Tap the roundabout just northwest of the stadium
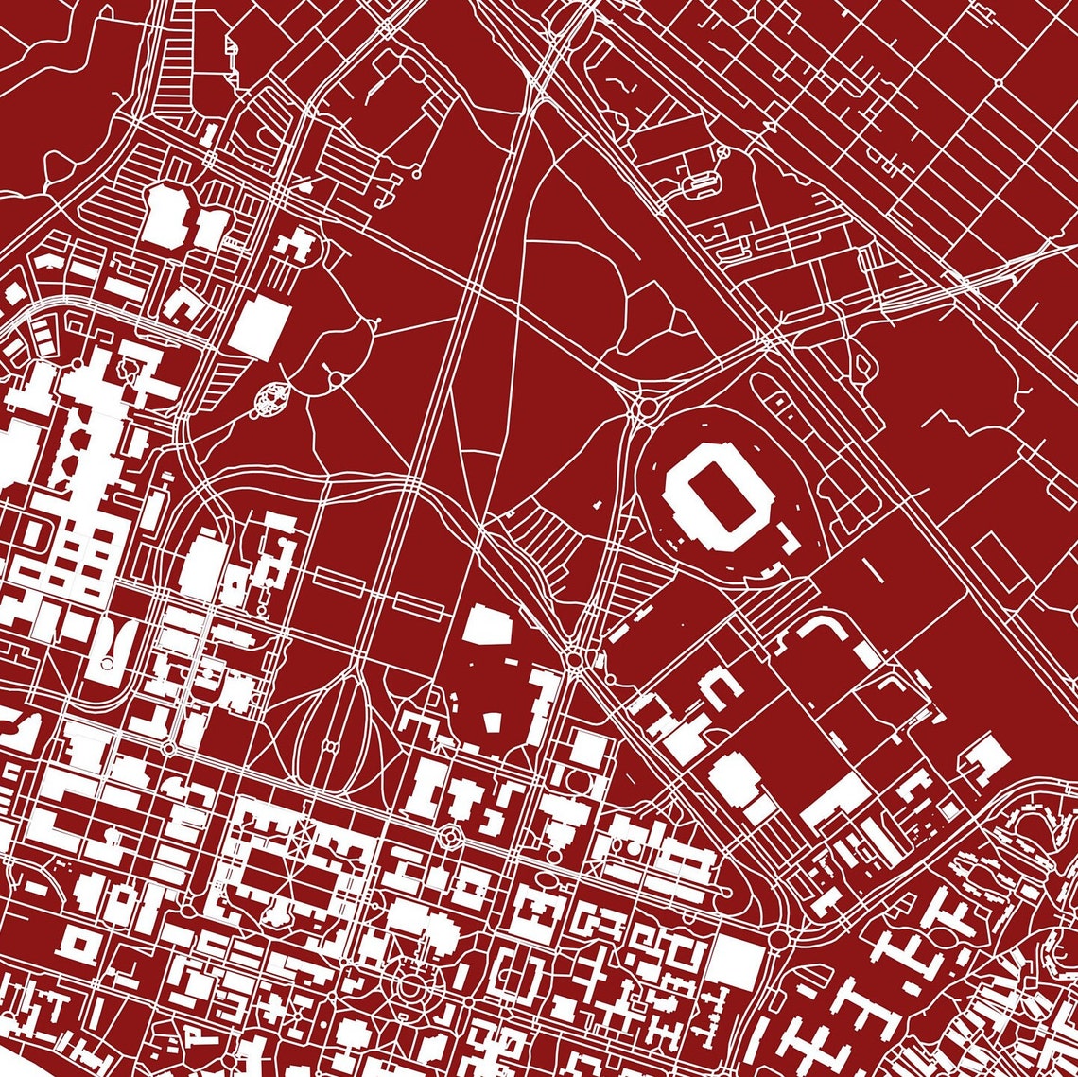point(649,408)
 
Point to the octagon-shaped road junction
point(450,835)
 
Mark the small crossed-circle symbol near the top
point(723,149)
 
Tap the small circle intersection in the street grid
point(1000,83)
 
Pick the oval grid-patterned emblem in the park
point(272,398)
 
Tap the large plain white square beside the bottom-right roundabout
point(735,962)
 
